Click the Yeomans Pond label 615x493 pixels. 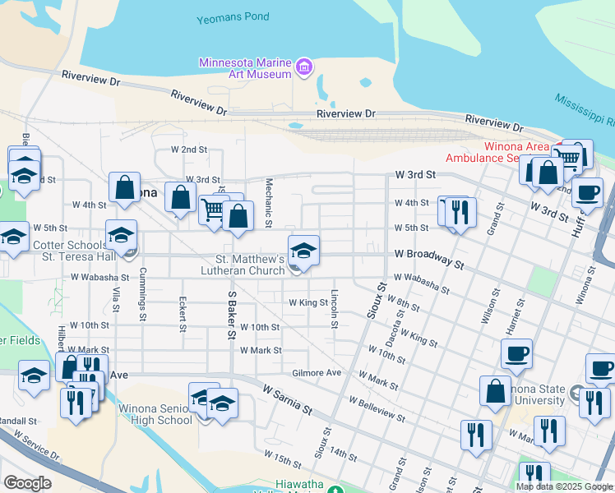[234, 18]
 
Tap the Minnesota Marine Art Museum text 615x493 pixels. [246, 68]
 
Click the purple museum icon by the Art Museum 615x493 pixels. [303, 67]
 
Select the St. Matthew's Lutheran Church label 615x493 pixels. [243, 264]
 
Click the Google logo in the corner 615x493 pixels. [27, 483]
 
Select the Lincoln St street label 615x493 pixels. [335, 308]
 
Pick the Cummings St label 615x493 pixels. [142, 293]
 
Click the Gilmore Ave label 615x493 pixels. [317, 373]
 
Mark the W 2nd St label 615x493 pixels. [189, 150]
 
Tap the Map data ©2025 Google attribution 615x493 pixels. [564, 486]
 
